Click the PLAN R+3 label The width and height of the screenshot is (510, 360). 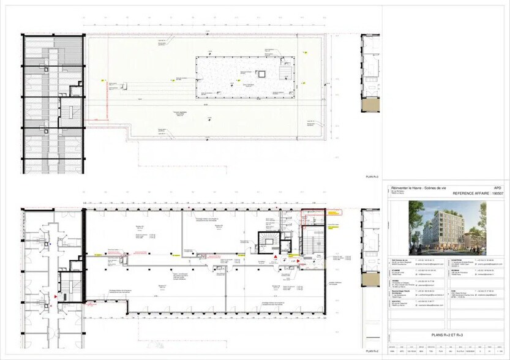pyautogui.click(x=372, y=176)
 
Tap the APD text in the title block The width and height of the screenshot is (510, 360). pyautogui.click(x=497, y=189)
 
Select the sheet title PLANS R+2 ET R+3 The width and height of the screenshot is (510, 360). pyautogui.click(x=446, y=336)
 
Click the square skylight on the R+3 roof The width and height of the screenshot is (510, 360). pyautogui.click(x=262, y=74)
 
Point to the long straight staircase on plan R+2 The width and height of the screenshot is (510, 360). pyautogui.click(x=309, y=242)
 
